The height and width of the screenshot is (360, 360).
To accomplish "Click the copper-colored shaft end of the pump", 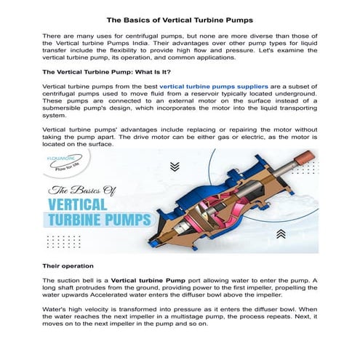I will click(300, 157).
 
